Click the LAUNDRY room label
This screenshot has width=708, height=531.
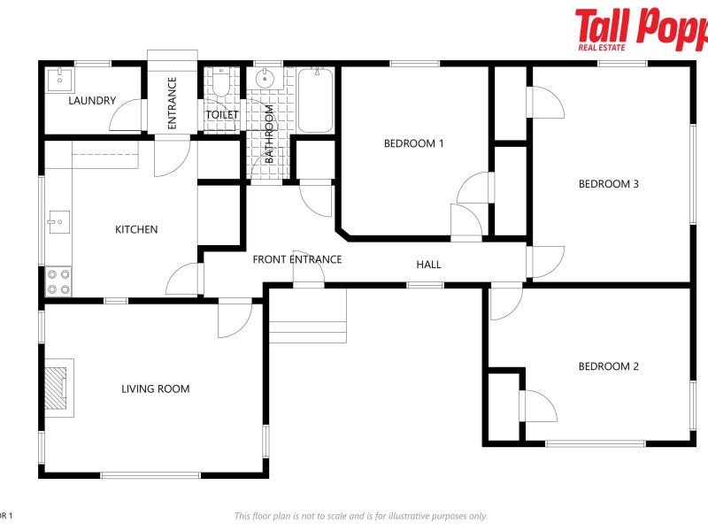tap(92, 101)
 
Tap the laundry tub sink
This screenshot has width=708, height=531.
tap(59, 78)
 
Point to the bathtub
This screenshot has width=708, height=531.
tap(314, 100)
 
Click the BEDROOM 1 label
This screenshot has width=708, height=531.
tap(413, 143)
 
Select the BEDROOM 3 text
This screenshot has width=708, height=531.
tap(608, 184)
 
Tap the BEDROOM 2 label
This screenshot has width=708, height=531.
tap(608, 366)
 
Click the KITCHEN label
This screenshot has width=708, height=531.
tap(136, 230)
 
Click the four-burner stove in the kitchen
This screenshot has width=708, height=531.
tap(59, 281)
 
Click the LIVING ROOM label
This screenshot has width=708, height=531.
tap(155, 389)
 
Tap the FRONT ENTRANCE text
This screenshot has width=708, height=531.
tap(296, 260)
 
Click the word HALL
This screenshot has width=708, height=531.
tap(428, 265)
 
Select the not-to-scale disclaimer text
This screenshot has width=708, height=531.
tap(360, 516)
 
